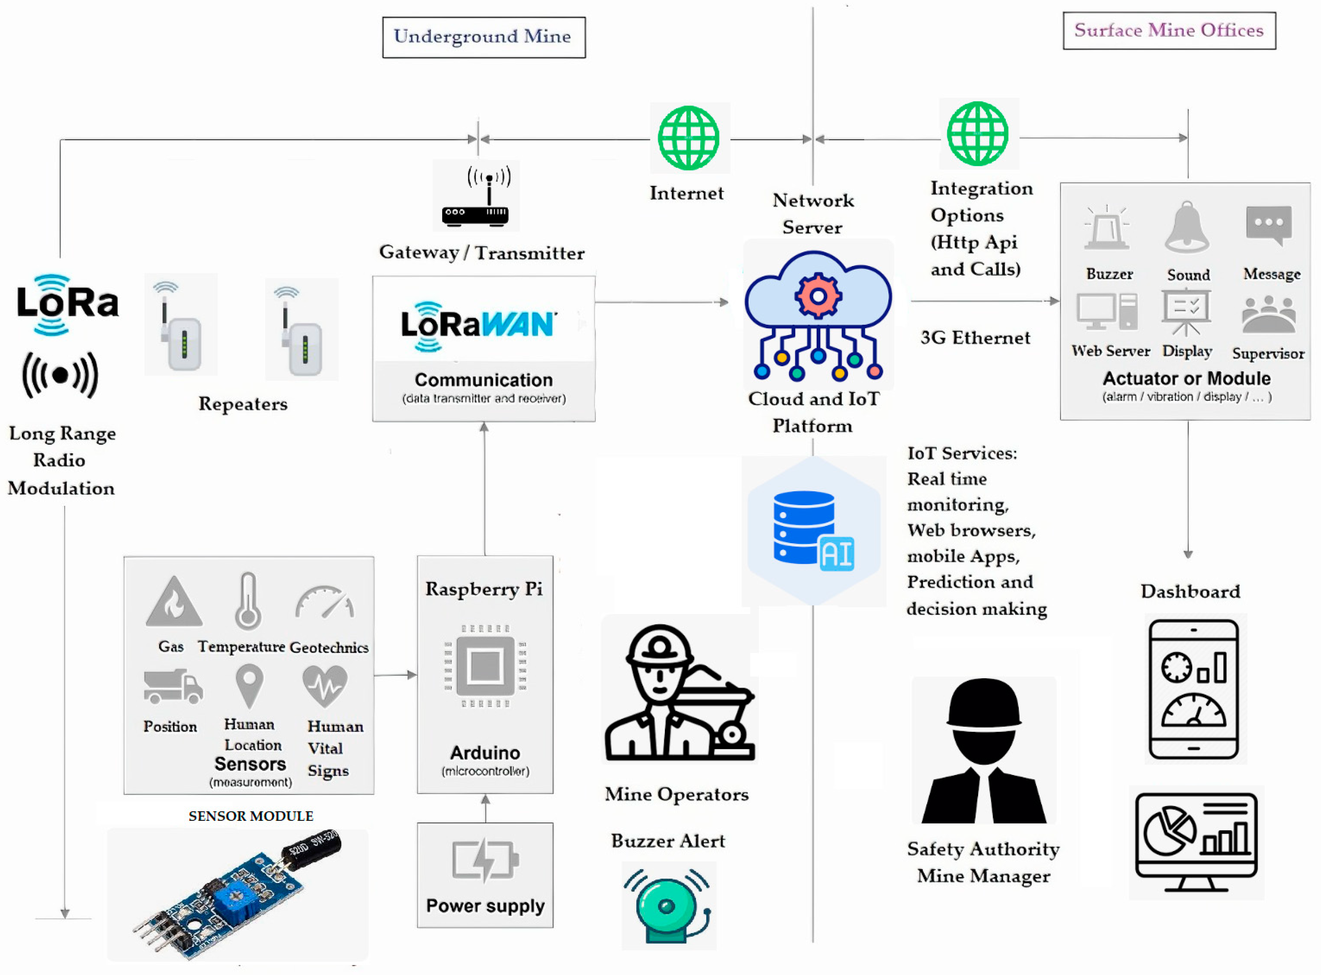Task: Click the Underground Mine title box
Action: click(484, 37)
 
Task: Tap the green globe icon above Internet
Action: click(688, 137)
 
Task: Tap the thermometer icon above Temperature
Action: click(248, 600)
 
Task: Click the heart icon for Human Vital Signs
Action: click(325, 686)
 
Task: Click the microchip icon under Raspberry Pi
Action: click(485, 666)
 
